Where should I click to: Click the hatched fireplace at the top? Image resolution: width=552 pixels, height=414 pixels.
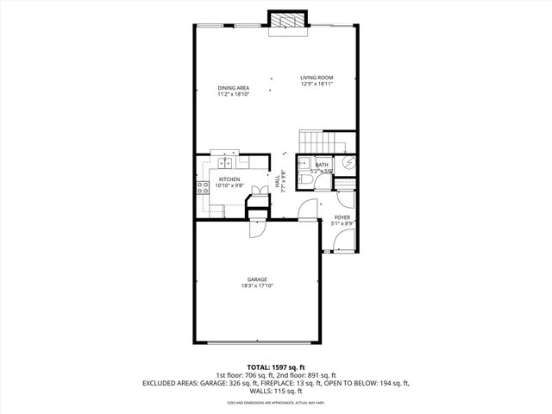[x=287, y=21]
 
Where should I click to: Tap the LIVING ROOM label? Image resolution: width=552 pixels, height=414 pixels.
[x=317, y=78]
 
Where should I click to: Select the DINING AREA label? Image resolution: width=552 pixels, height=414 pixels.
[x=234, y=87]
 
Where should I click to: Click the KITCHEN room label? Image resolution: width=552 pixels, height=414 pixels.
[x=229, y=179]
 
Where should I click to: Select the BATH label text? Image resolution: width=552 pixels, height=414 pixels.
[x=322, y=165]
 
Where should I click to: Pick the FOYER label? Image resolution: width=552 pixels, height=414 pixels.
[x=343, y=217]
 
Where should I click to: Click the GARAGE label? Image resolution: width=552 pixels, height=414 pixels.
[x=256, y=279]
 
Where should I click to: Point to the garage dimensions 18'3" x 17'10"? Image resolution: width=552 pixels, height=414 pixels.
[x=256, y=286]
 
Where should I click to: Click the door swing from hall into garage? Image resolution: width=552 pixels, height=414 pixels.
[x=257, y=229]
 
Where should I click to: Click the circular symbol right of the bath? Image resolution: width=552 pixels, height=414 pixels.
[x=349, y=162]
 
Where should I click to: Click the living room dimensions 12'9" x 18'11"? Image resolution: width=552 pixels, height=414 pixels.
[x=317, y=84]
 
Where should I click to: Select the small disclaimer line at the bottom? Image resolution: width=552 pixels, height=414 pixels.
[x=275, y=403]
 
